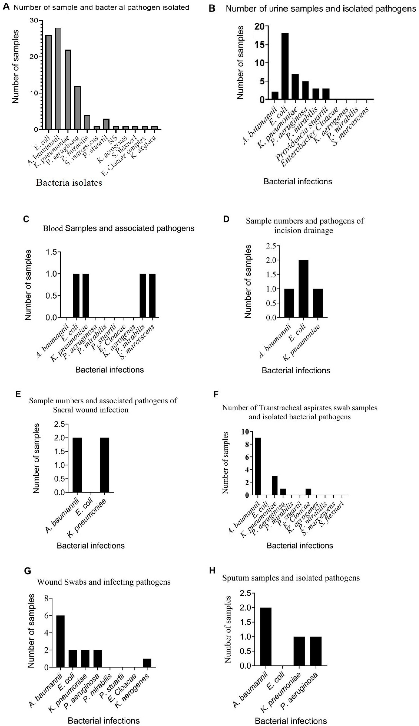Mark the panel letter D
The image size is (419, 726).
226,219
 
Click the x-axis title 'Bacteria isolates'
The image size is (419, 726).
69,183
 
